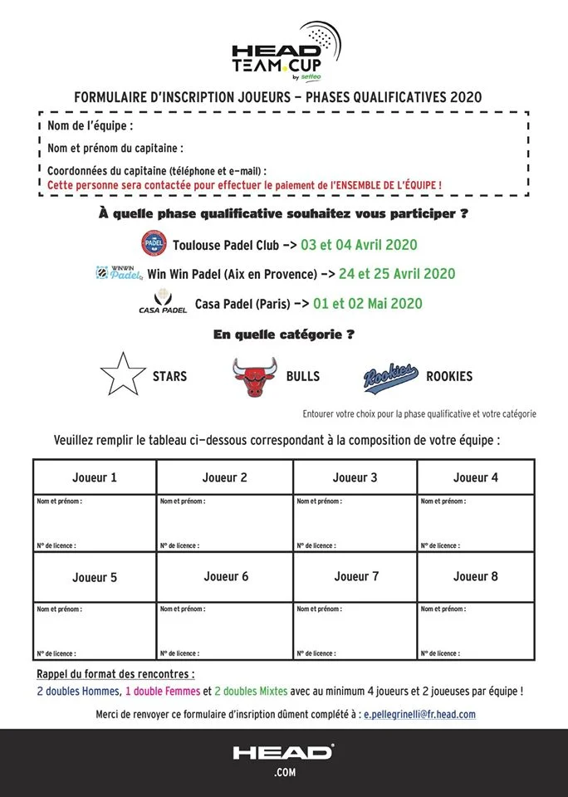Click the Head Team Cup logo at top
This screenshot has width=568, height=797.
pyautogui.click(x=283, y=49)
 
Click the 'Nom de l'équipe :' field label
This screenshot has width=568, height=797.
pyautogui.click(x=91, y=127)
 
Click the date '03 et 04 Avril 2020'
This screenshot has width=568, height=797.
pyautogui.click(x=359, y=245)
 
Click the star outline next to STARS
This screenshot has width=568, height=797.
pyautogui.click(x=122, y=374)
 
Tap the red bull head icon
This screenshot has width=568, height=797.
pyautogui.click(x=254, y=376)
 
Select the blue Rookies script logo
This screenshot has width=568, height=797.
pyautogui.click(x=390, y=376)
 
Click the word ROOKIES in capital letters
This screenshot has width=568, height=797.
pyautogui.click(x=449, y=376)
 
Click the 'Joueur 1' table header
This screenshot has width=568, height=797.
pyautogui.click(x=95, y=477)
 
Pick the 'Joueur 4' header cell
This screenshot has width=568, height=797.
pyautogui.click(x=476, y=477)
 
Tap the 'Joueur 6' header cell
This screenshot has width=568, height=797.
pyautogui.click(x=226, y=576)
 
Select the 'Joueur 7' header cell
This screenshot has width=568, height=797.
pyautogui.click(x=356, y=576)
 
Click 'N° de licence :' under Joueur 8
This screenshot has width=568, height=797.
pyautogui.click(x=440, y=653)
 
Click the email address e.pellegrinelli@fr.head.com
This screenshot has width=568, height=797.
pyautogui.click(x=420, y=714)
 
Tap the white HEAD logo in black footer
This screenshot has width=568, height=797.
pyautogui.click(x=283, y=753)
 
